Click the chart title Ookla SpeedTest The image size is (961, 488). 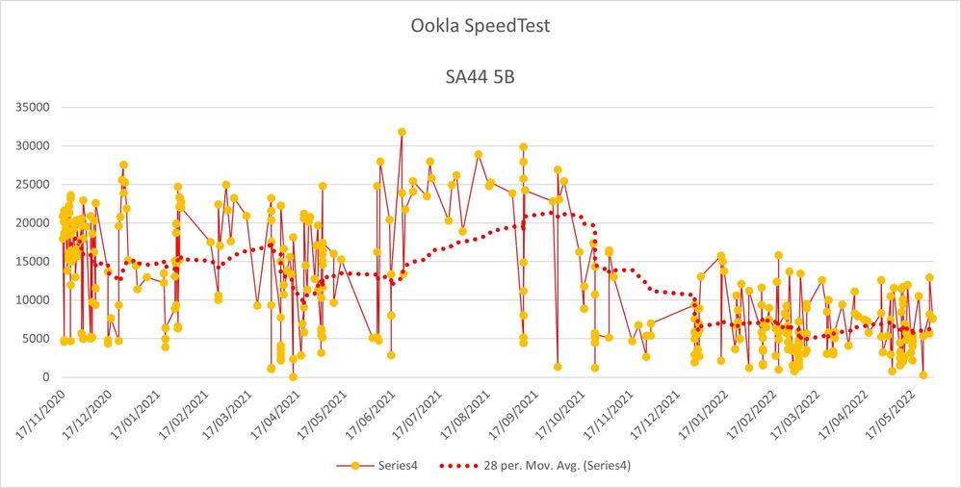480,26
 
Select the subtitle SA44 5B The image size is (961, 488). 480,76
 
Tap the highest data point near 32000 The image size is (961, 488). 402,132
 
